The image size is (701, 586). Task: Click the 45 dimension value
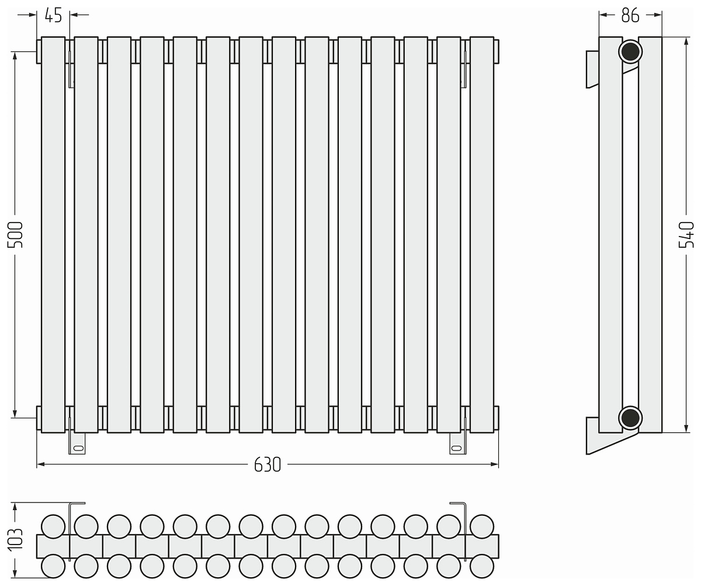click(x=53, y=15)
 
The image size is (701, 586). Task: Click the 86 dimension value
click(x=630, y=15)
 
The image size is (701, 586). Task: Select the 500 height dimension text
click(x=15, y=234)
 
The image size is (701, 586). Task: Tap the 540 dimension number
click(x=686, y=234)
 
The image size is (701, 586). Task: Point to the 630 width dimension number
click(x=267, y=465)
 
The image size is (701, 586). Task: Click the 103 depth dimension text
click(x=15, y=540)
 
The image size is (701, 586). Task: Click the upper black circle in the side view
click(x=630, y=52)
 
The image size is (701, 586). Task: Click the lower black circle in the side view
click(x=630, y=418)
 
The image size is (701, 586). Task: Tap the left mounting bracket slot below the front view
click(x=78, y=448)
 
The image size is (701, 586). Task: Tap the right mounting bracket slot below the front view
click(x=457, y=448)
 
